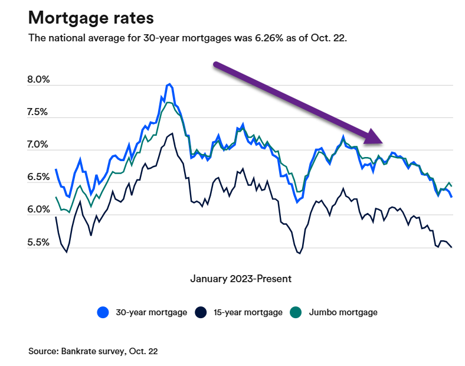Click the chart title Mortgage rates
click(x=91, y=18)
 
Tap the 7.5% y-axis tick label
click(x=39, y=113)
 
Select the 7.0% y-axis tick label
click(x=39, y=145)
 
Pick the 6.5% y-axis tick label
click(x=39, y=177)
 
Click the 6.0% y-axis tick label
click(x=39, y=210)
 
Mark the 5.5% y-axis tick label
click(x=39, y=242)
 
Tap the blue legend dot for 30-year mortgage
click(x=103, y=312)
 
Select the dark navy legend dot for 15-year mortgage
click(x=201, y=312)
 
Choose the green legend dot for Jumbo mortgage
click(x=297, y=312)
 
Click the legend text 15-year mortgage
click(x=247, y=312)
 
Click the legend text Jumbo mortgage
click(x=343, y=312)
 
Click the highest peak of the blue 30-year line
click(x=169, y=84)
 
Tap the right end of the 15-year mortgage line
click(x=451, y=247)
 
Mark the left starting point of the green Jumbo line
click(x=56, y=197)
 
